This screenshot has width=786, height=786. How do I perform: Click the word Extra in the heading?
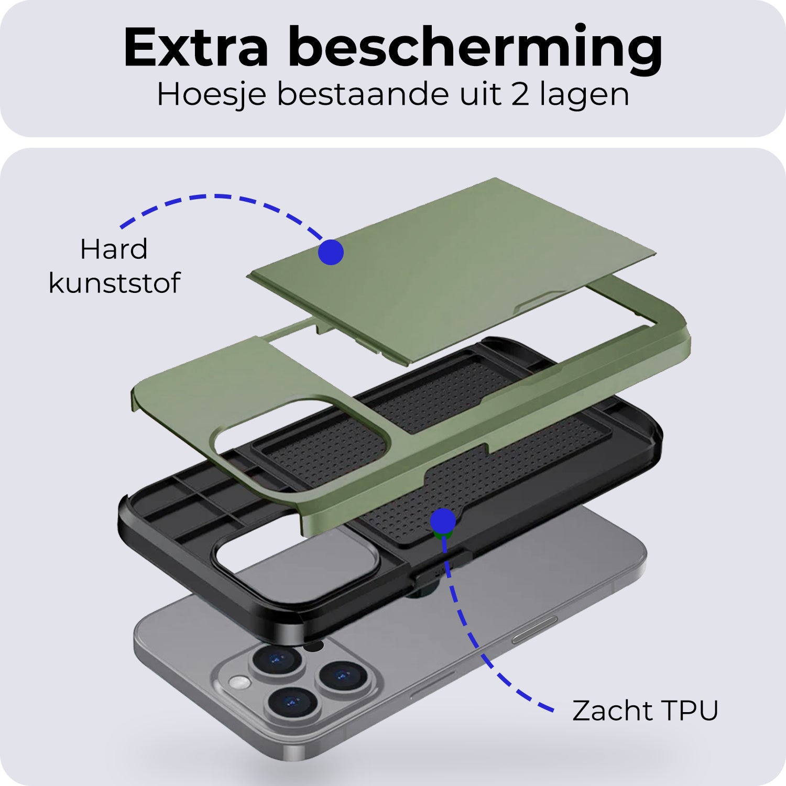(x=196, y=47)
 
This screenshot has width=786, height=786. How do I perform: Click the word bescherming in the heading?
(x=475, y=50)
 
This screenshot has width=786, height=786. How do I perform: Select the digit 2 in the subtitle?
(x=520, y=95)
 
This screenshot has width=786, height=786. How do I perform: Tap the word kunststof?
(x=114, y=282)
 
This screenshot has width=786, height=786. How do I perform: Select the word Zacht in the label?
(x=608, y=711)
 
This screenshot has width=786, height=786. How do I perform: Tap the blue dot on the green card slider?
(x=331, y=252)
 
